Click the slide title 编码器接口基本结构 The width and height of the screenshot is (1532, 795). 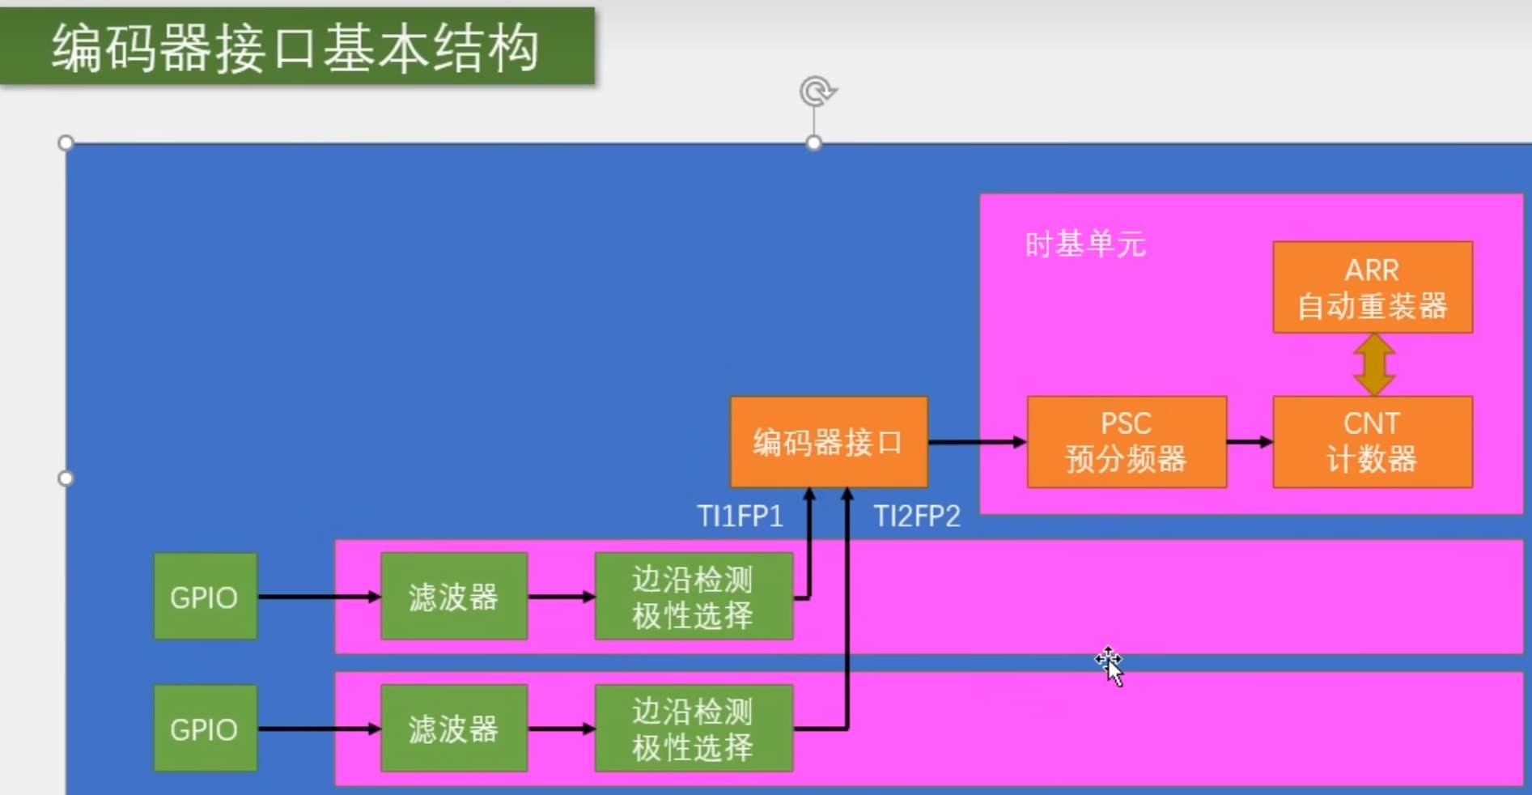click(296, 48)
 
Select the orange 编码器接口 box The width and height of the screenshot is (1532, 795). click(828, 442)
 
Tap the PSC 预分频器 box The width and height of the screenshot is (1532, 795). click(1126, 442)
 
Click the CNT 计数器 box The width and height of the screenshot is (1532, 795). click(1372, 442)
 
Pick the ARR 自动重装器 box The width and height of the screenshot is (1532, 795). click(1372, 287)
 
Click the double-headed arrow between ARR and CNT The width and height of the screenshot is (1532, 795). click(1373, 364)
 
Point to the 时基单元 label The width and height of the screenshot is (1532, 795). click(1084, 244)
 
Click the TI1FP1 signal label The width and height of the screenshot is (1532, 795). click(740, 517)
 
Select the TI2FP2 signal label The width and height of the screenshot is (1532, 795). click(917, 517)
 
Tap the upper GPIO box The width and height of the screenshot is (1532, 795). click(205, 597)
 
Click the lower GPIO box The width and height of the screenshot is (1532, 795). click(205, 729)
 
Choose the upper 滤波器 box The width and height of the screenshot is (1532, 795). click(453, 597)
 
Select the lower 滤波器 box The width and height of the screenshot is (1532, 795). click(453, 729)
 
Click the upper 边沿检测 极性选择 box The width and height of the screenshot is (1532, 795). click(693, 597)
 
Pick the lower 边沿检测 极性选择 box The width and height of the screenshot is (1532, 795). click(693, 729)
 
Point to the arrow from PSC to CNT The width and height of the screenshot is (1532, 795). click(1250, 442)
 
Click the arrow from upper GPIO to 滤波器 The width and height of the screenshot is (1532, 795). click(319, 597)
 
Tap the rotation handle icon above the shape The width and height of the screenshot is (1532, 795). click(817, 91)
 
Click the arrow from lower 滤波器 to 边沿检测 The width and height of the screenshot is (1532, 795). click(561, 729)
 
